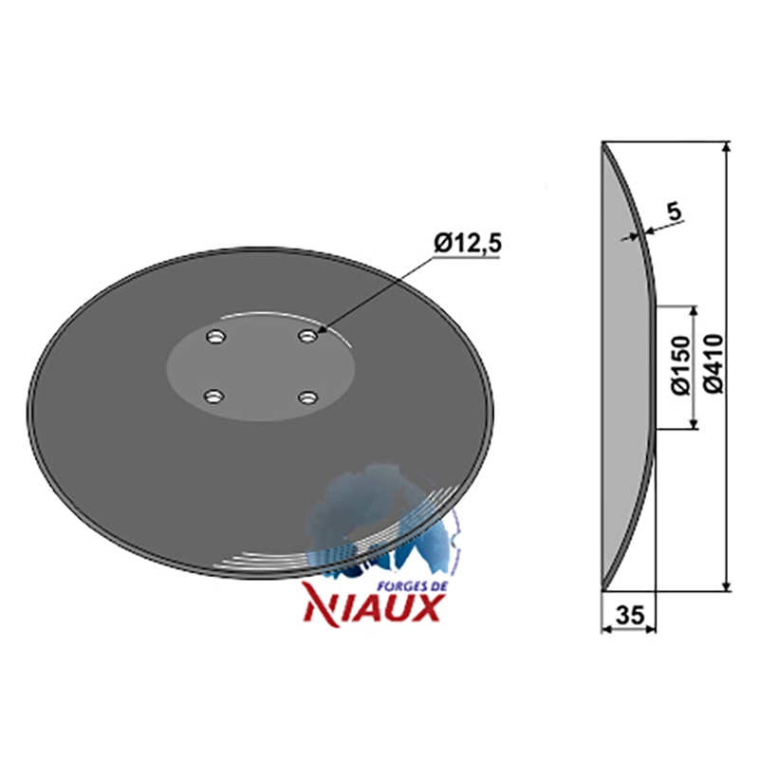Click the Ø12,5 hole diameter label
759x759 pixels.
tap(468, 245)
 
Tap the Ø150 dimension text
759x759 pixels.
tap(681, 367)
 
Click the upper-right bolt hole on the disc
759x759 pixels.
tap(307, 336)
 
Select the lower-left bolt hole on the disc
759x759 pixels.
tap(213, 398)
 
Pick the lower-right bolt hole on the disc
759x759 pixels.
tap(307, 398)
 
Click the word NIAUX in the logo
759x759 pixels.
tap(372, 607)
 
